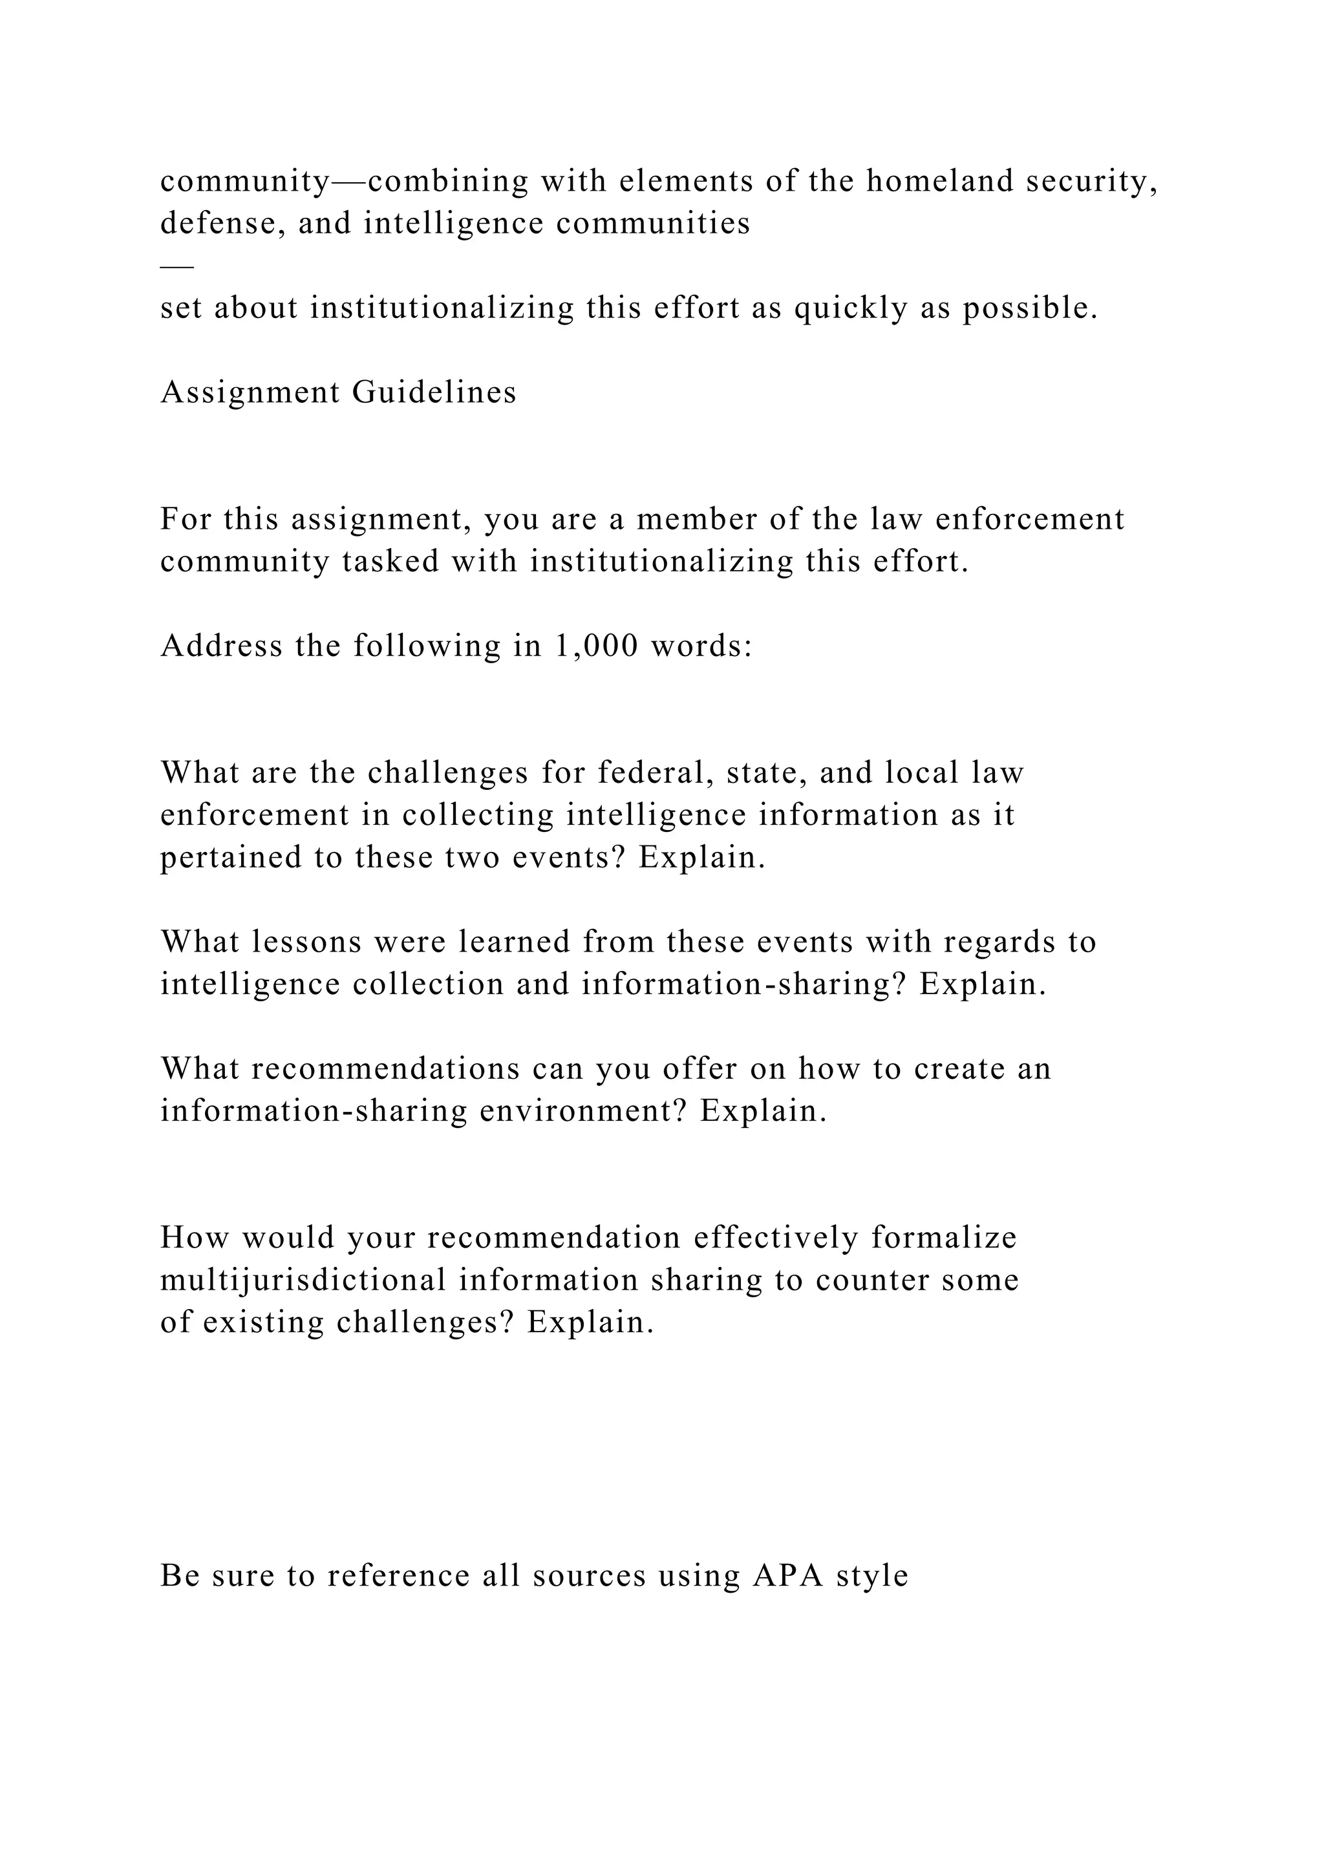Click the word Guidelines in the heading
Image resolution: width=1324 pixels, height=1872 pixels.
[x=434, y=392]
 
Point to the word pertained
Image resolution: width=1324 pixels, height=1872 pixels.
[x=231, y=857]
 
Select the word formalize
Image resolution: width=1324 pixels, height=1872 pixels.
[x=944, y=1238]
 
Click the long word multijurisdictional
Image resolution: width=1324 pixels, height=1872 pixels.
[x=303, y=1280]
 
